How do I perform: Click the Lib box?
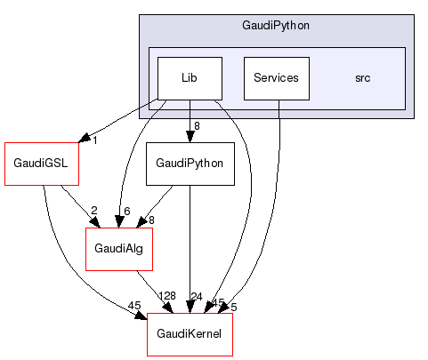coord(190,78)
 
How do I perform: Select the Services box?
coord(276,78)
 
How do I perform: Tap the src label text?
coord(363,78)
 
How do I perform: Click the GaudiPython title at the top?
coord(276,26)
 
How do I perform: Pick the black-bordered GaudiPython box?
coord(190,164)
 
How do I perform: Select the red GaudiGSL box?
coord(42,164)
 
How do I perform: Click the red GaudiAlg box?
coord(118,250)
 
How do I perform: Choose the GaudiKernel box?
coord(190,335)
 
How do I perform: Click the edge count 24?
coord(198,296)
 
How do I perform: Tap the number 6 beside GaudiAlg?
coord(127,211)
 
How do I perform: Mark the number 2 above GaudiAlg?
coord(93,211)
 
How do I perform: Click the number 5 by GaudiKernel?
coord(232,305)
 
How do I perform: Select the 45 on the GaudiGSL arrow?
coord(133,306)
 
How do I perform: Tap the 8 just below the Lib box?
coord(197,125)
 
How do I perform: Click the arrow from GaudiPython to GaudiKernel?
coord(190,249)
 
